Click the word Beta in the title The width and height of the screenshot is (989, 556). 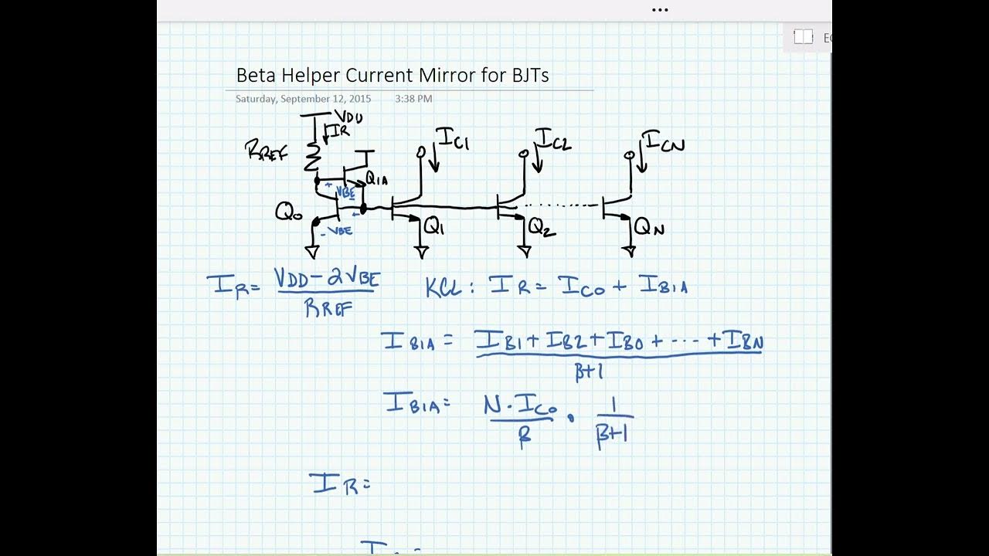pyautogui.click(x=254, y=76)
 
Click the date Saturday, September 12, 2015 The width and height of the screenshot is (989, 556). pyautogui.click(x=303, y=99)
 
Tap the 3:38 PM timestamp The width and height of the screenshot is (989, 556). pyautogui.click(x=413, y=99)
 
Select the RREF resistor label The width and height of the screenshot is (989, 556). pyautogui.click(x=266, y=151)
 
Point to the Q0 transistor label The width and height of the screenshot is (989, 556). pyautogui.click(x=288, y=212)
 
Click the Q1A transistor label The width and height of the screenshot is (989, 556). pyautogui.click(x=377, y=179)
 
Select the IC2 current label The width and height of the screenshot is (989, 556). pyautogui.click(x=553, y=140)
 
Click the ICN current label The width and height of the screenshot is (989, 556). pyautogui.click(x=662, y=142)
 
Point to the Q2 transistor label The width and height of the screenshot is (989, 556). pyautogui.click(x=542, y=226)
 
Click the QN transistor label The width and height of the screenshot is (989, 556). pyautogui.click(x=648, y=227)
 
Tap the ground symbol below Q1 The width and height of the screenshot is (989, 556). pyautogui.click(x=422, y=251)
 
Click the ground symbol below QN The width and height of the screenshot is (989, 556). pyautogui.click(x=629, y=251)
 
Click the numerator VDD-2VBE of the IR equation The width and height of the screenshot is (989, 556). pyautogui.click(x=327, y=278)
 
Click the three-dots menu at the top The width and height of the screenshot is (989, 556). pyautogui.click(x=660, y=10)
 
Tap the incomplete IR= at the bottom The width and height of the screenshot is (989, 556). pyautogui.click(x=340, y=484)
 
